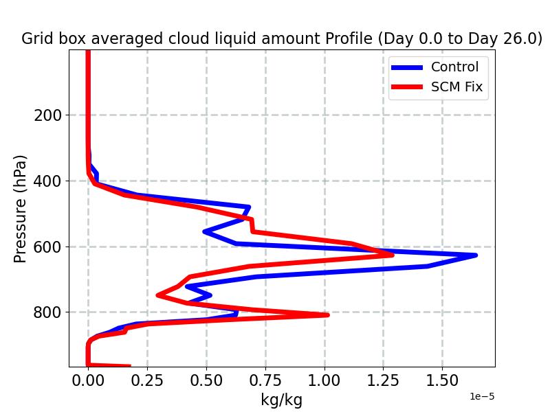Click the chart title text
pos(282,38)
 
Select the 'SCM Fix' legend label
pos(456,87)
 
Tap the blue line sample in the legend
pos(407,67)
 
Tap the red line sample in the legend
pos(407,88)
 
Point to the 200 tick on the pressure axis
pos(47,115)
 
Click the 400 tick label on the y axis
pos(47,181)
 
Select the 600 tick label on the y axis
pos(47,247)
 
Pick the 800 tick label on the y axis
pos(47,312)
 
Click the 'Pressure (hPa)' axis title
pos(21,209)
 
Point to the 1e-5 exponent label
pos(482,397)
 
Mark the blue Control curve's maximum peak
pos(475,255)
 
